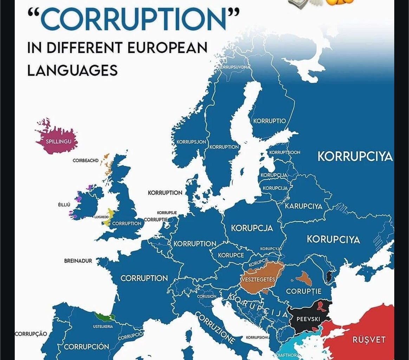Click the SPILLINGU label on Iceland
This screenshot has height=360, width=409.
[56, 142]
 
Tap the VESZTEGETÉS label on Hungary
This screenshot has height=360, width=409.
[258, 279]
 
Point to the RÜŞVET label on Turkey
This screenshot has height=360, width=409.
[369, 340]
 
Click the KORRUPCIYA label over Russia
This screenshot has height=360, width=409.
[355, 157]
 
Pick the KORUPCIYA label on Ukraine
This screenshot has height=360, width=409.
[333, 240]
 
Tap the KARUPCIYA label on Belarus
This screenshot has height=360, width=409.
[304, 206]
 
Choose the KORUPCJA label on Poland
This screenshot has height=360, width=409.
[252, 228]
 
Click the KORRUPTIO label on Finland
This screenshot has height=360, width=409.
[270, 121]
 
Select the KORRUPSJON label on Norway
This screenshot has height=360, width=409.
[191, 142]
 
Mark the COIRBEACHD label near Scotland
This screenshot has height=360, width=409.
[85, 161]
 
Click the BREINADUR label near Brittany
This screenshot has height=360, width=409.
[78, 261]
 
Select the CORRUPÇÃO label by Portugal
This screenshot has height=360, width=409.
[31, 334]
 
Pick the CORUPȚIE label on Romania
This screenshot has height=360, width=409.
[304, 291]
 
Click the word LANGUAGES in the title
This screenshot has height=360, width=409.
[72, 70]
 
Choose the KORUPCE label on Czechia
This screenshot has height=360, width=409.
[231, 255]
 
